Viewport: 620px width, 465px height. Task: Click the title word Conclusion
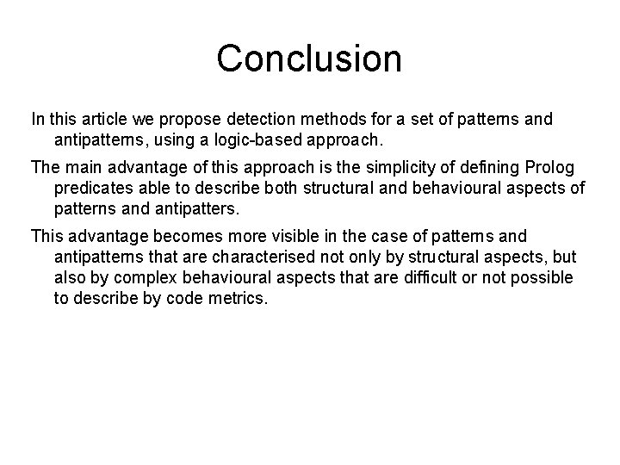pyautogui.click(x=309, y=59)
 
